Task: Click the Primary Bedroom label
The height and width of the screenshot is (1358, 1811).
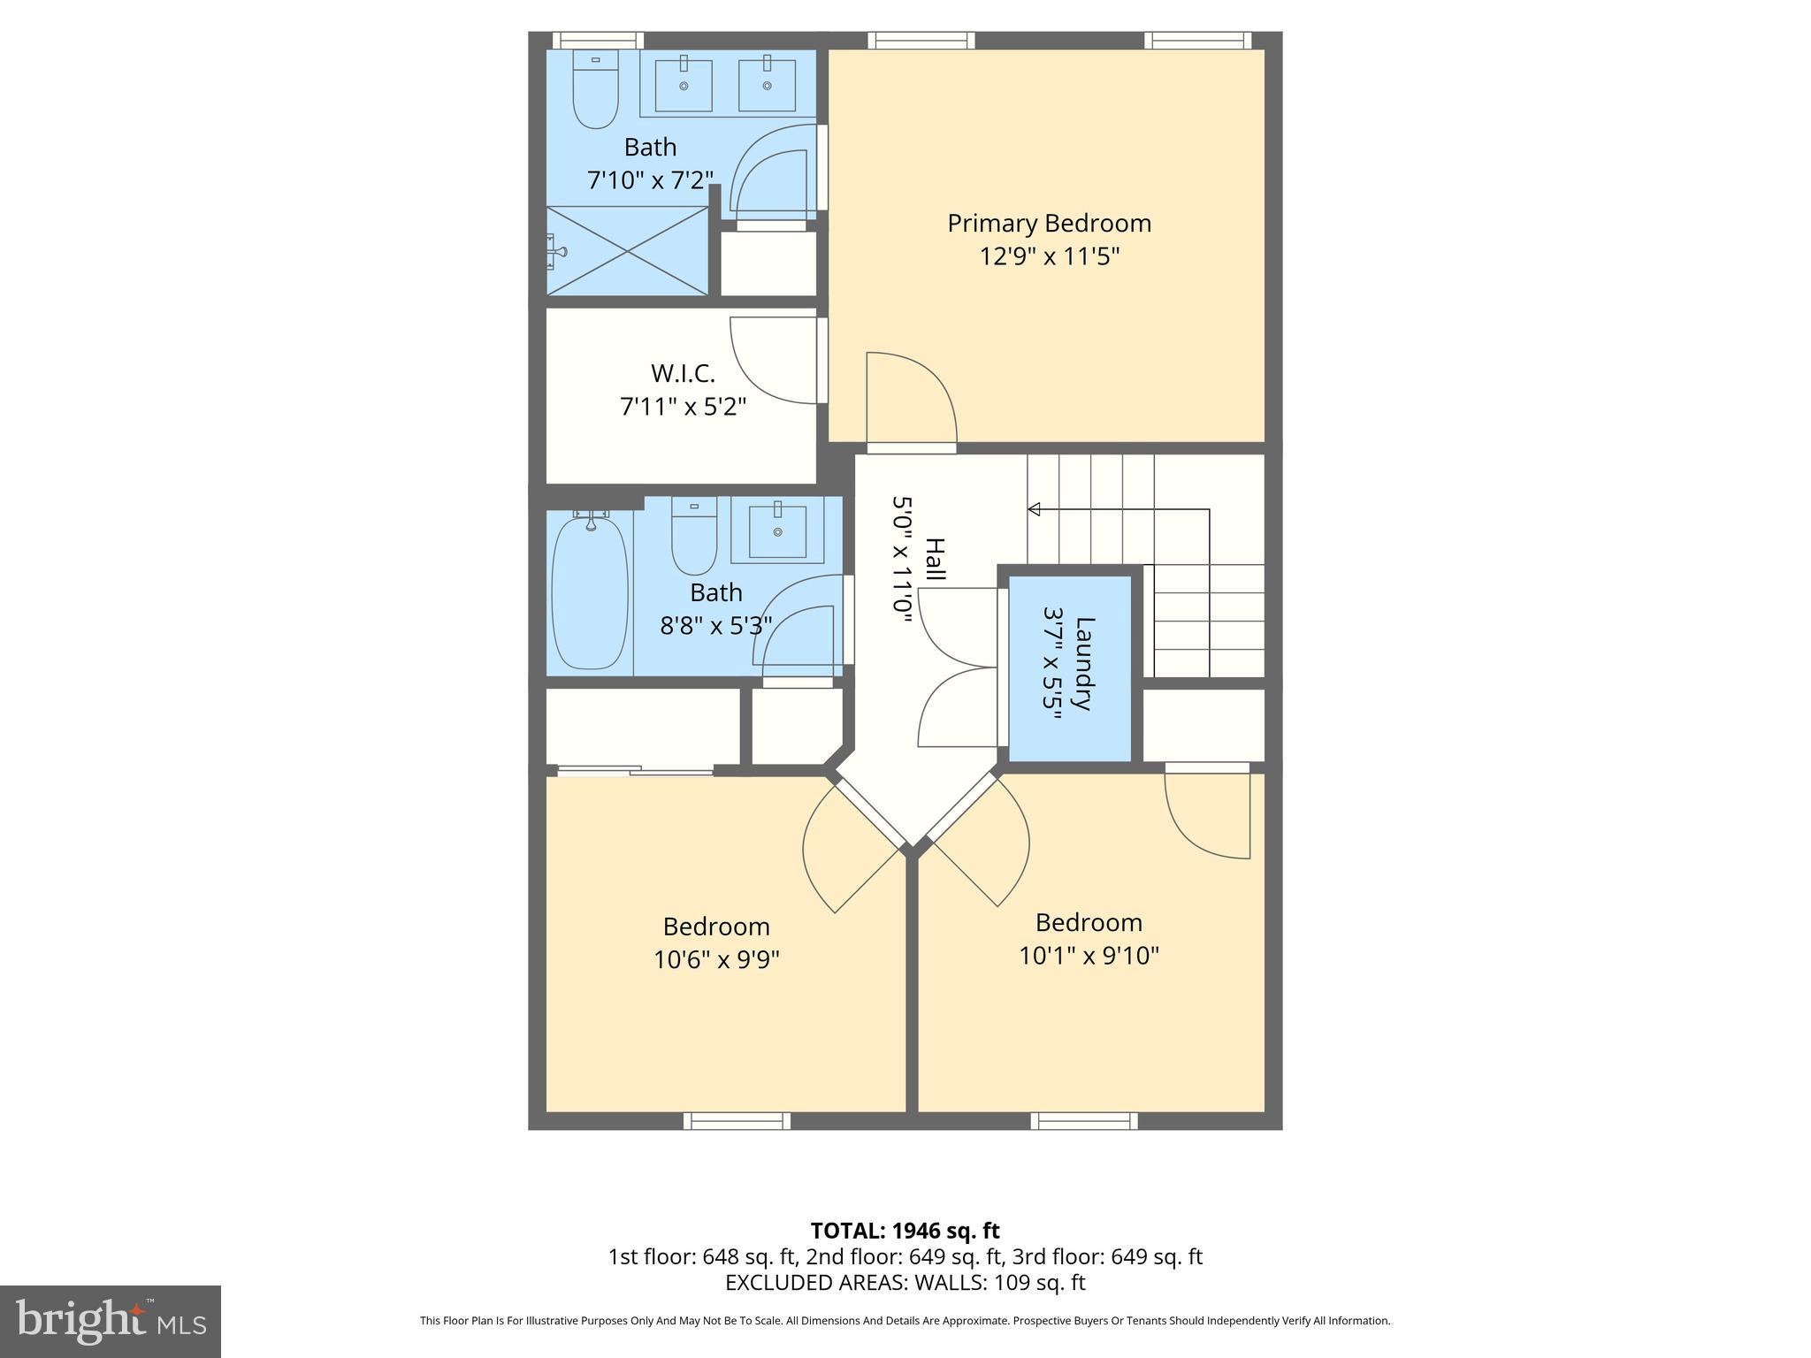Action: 1049,223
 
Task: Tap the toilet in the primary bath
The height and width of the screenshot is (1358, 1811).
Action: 595,90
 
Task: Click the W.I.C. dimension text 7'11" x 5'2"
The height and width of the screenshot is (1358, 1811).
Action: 683,407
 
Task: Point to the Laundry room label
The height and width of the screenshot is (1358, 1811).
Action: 1084,663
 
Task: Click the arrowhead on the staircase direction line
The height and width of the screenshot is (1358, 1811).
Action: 1034,509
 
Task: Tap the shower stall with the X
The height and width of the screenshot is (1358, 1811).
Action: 627,251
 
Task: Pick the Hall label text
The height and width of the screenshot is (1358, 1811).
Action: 935,560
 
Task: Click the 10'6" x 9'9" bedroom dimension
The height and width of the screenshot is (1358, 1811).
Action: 716,959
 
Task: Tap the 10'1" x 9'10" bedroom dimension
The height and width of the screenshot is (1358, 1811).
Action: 1089,956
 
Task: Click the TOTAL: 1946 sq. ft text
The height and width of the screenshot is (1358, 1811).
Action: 905,1231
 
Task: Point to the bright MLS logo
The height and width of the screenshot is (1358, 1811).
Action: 111,1321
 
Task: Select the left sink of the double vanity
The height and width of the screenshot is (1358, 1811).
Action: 684,84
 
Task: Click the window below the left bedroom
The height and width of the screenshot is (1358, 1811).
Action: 737,1121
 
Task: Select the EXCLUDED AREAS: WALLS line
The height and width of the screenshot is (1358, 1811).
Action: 905,1282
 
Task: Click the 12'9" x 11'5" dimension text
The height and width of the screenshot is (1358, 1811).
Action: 1049,256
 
